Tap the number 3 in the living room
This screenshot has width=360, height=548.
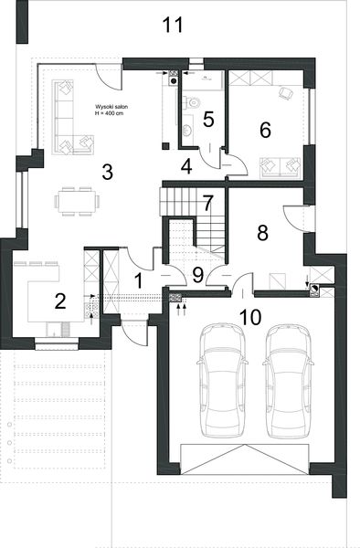click(x=107, y=172)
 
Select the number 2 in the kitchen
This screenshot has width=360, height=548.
click(x=59, y=300)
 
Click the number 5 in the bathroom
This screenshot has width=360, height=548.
click(x=208, y=118)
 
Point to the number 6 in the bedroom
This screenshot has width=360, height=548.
click(x=266, y=129)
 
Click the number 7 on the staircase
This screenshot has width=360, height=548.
click(x=207, y=202)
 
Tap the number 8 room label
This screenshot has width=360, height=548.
click(x=263, y=232)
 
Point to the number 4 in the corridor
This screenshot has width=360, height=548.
click(x=185, y=166)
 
